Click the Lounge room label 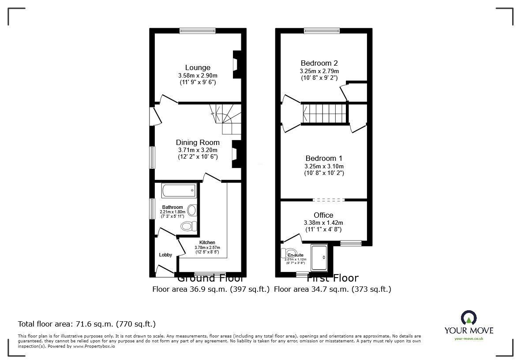click(197, 67)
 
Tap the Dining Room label click(197, 142)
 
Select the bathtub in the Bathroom click(179, 191)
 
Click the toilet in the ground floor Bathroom click(189, 227)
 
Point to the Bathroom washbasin click(192, 211)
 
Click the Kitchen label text click(207, 242)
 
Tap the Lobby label click(166, 255)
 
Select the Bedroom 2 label click(319, 63)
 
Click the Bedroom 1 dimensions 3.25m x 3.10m click(324, 166)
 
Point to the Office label click(323, 215)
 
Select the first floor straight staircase click(324, 114)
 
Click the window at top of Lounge click(197, 31)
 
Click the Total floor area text click(86, 324)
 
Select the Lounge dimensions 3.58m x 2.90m click(197, 75)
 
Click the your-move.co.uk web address click(469, 338)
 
